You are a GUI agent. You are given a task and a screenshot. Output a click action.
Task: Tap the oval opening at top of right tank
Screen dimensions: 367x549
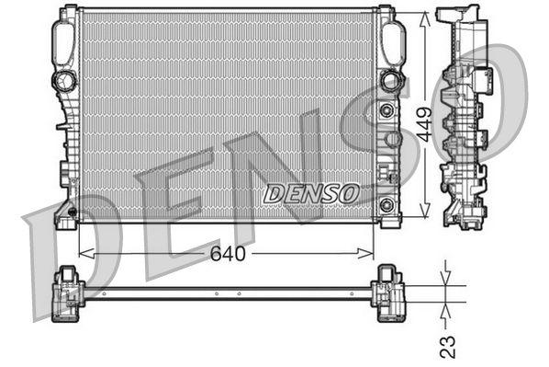point(392,40)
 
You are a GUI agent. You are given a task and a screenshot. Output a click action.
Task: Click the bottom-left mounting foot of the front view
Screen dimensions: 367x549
point(66,216)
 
